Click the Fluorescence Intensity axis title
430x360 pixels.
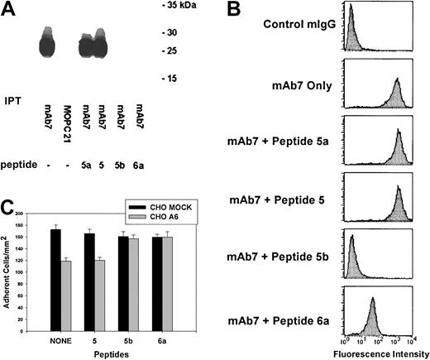tap(385, 353)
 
